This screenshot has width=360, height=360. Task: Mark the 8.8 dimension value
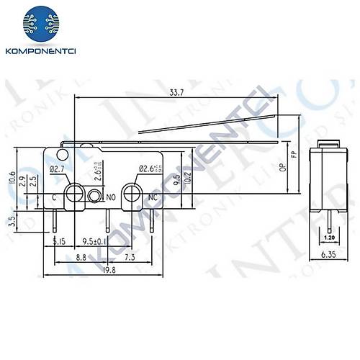(81, 256)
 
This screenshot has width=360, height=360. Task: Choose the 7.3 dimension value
(130, 256)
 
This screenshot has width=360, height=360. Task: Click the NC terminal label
(153, 197)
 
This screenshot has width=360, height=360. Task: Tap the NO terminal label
(112, 196)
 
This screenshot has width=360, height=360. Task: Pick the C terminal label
(55, 197)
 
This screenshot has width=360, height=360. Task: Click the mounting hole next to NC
(131, 193)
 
